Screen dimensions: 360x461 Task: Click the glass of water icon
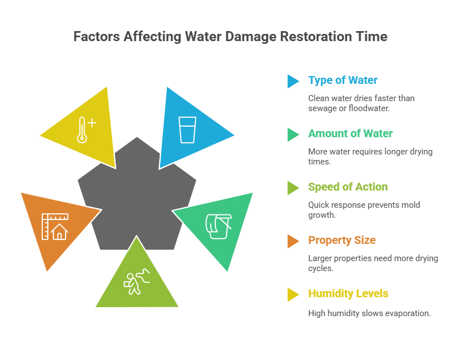(187, 130)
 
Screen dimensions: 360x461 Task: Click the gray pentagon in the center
(137, 194)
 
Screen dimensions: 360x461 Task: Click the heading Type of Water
(343, 81)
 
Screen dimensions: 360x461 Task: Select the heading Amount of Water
(350, 134)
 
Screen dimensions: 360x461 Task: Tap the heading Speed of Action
(348, 187)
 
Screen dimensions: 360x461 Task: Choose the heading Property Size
(341, 241)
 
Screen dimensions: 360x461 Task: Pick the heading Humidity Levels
(348, 294)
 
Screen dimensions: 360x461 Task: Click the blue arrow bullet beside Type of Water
(293, 81)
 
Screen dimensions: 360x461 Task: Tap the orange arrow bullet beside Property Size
(293, 241)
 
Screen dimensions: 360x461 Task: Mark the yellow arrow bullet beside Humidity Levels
(293, 294)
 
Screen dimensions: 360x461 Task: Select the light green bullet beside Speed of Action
(293, 188)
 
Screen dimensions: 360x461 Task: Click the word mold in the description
(410, 204)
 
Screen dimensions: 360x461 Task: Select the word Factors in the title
(95, 37)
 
